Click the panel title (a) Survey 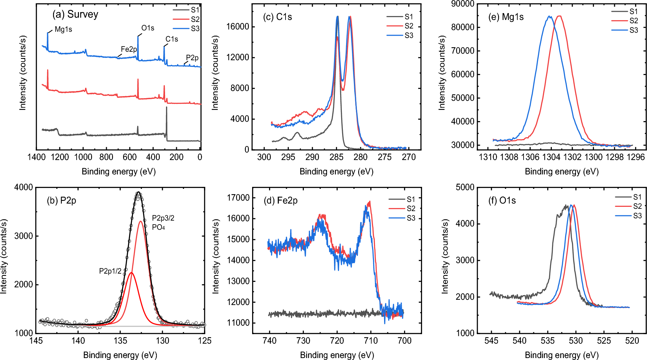coord(75,14)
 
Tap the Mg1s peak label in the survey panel coord(63,29)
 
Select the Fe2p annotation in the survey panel coord(129,49)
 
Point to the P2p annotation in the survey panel coord(192,58)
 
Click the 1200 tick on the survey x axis coord(60,157)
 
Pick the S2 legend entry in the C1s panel coord(409,26)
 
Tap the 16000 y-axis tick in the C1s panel coord(238,27)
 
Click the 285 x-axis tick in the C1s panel coord(337,157)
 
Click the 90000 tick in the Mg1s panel coord(463,4)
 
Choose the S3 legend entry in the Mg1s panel coord(634,30)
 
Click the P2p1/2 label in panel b coord(110,271)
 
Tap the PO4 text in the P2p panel coord(158,227)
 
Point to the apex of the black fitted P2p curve coord(139,192)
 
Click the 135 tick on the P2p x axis coord(120,341)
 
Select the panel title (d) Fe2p coord(281,201)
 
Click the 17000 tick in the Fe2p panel coord(238,198)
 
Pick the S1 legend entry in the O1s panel coord(637,197)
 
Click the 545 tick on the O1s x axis coord(491,341)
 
